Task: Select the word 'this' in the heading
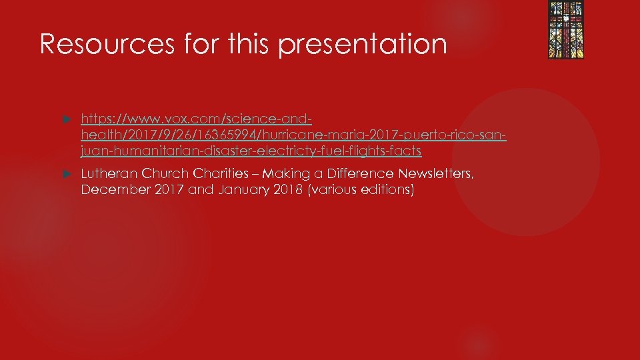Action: (x=249, y=44)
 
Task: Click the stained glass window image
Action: (x=565, y=30)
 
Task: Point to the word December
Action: (x=111, y=191)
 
